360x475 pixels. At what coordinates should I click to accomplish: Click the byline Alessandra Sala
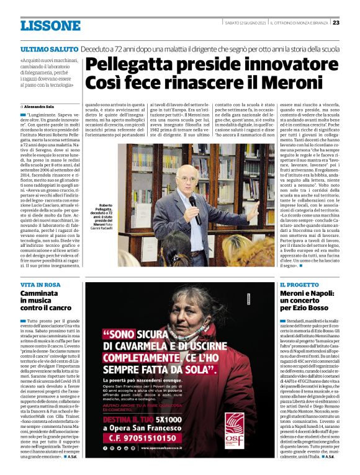pyautogui.click(x=40, y=107)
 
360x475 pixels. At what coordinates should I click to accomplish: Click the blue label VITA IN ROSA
pyautogui.click(x=40, y=284)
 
